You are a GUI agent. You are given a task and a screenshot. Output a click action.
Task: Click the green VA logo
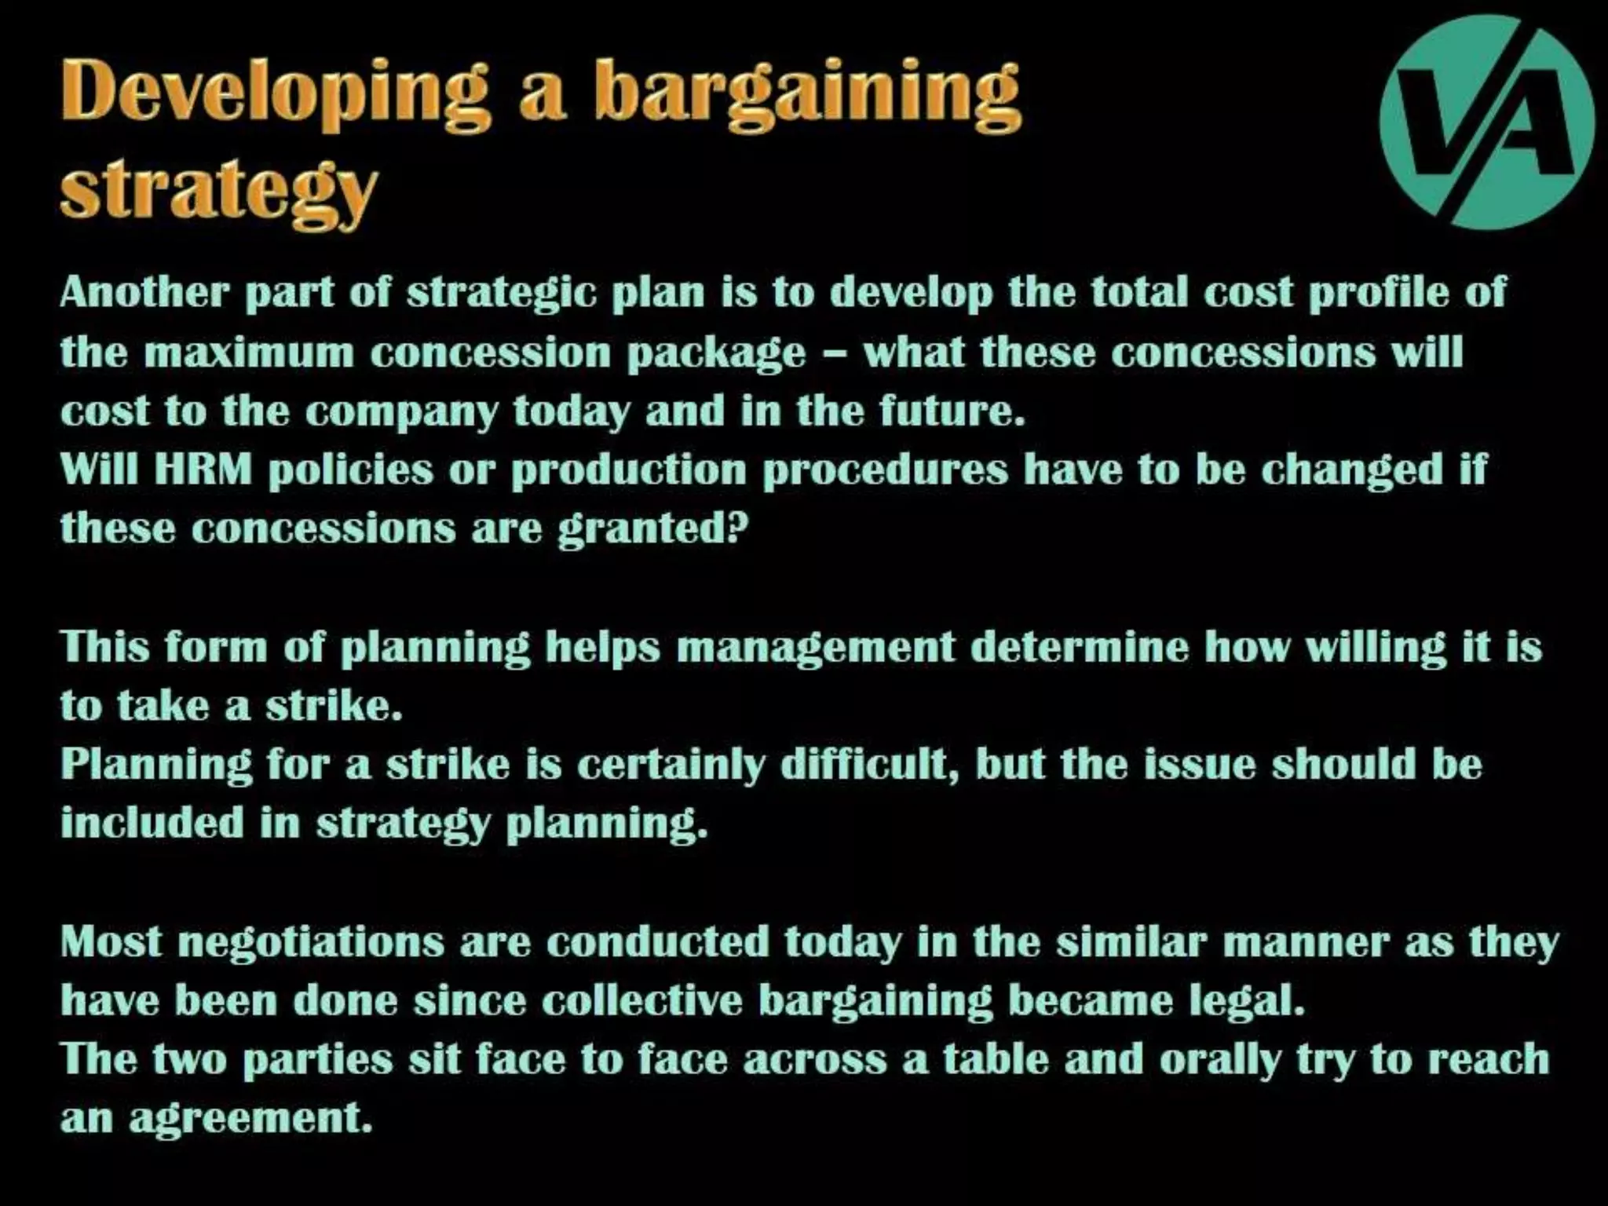pyautogui.click(x=1486, y=122)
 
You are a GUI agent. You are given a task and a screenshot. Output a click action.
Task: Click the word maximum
pyautogui.click(x=250, y=352)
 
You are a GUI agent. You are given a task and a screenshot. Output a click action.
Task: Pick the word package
pyautogui.click(x=717, y=353)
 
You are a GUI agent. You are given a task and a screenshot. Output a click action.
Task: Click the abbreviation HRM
pyautogui.click(x=203, y=470)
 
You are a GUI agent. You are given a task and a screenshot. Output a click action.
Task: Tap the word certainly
pyautogui.click(x=671, y=765)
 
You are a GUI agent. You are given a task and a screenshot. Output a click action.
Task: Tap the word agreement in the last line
pyautogui.click(x=250, y=1119)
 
